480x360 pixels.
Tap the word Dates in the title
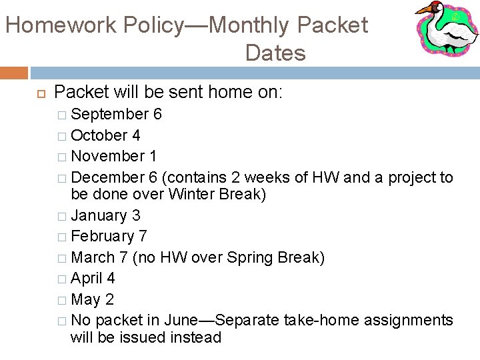click(275, 53)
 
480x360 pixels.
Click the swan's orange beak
click(425, 10)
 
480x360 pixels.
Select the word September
click(109, 115)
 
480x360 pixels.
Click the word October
click(99, 135)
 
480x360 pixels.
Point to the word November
click(108, 156)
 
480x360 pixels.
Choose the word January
click(99, 215)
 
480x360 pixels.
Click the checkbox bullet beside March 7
click(61, 258)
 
